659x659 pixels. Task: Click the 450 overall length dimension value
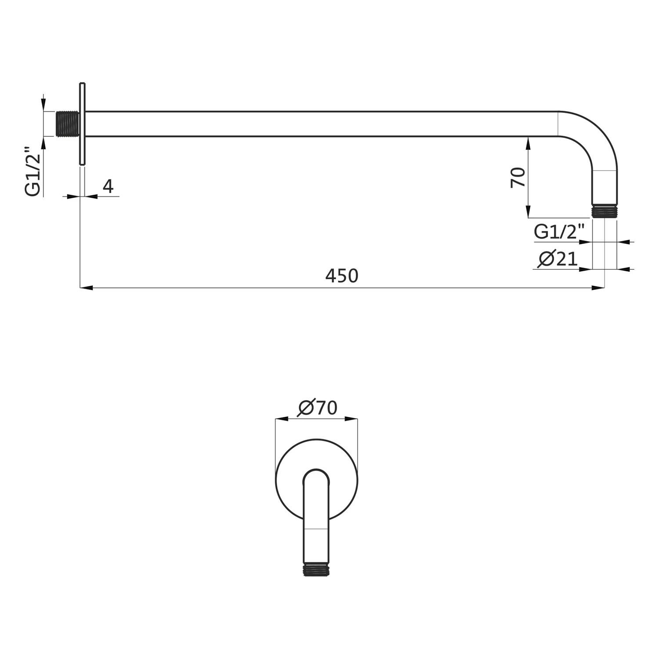(x=342, y=276)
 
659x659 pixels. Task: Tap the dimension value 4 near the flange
(x=108, y=186)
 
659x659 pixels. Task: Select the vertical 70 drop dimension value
(x=518, y=177)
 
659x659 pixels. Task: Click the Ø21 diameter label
(x=557, y=259)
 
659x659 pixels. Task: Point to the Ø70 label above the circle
(x=317, y=408)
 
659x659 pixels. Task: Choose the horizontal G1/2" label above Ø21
(x=560, y=232)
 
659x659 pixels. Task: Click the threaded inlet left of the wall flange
(x=68, y=124)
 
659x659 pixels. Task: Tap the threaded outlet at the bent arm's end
(x=605, y=211)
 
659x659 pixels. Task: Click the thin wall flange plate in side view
(x=82, y=124)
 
